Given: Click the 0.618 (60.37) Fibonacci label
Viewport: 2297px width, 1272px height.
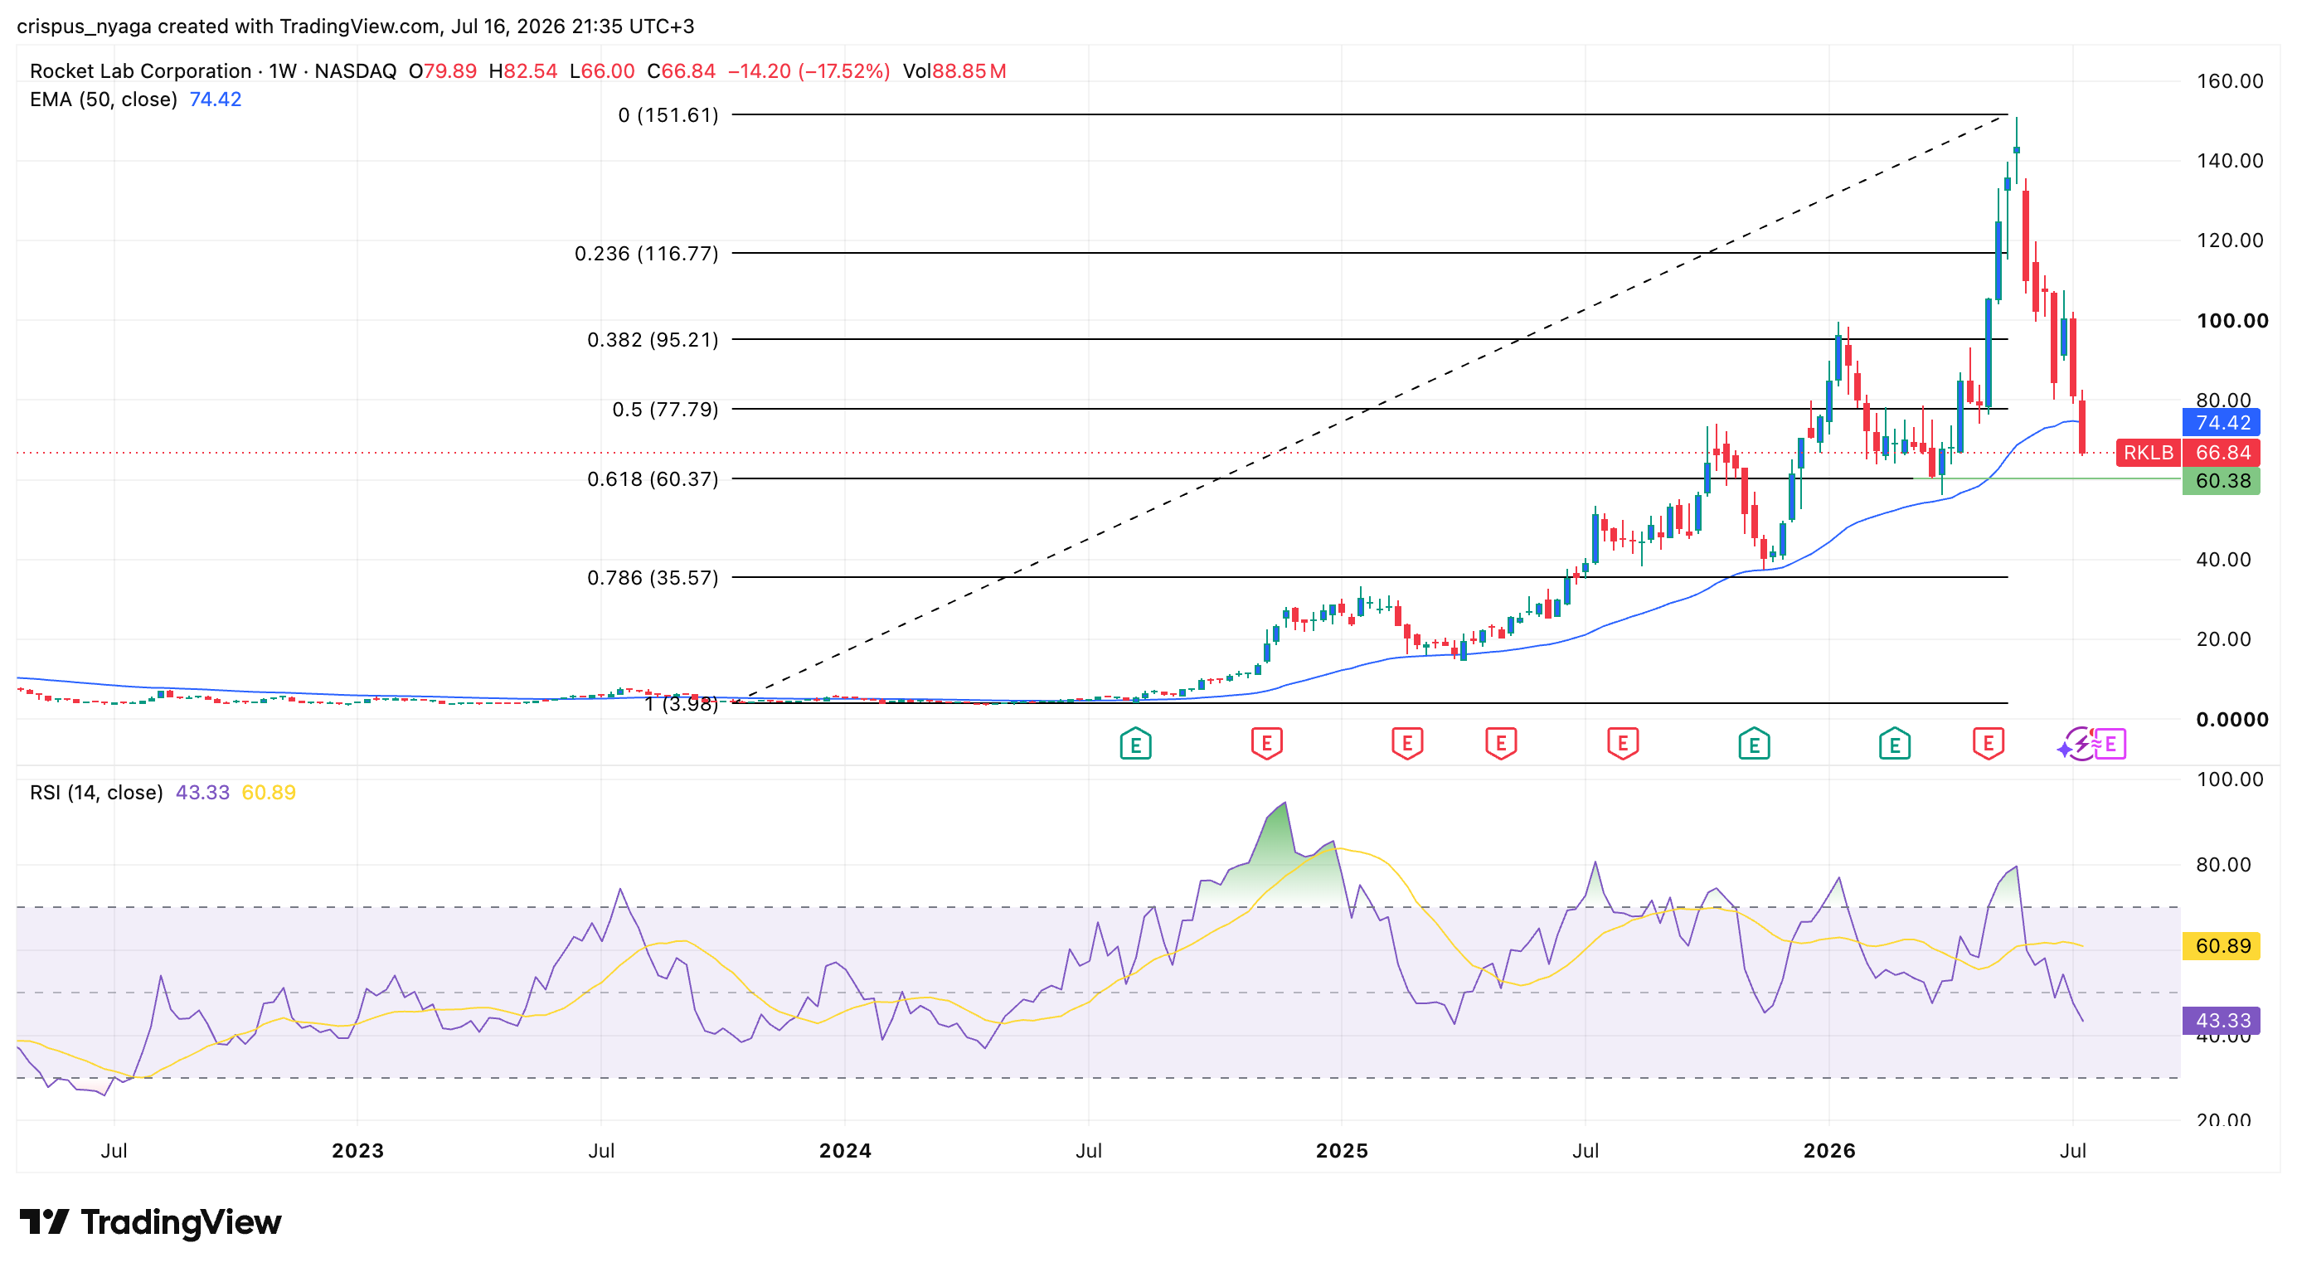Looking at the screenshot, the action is coord(652,478).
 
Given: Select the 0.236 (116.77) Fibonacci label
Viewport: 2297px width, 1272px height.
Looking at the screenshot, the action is coord(646,253).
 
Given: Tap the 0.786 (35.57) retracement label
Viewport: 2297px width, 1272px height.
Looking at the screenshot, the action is coord(652,578).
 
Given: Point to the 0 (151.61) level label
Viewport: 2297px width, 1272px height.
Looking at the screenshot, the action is coord(668,115).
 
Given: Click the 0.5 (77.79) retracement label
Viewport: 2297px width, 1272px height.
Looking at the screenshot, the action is coord(664,409).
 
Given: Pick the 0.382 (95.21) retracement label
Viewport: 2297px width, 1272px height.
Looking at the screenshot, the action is coord(652,340).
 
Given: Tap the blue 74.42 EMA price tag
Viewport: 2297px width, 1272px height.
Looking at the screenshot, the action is coord(2221,423).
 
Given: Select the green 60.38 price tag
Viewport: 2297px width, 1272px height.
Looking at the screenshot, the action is coord(2221,481).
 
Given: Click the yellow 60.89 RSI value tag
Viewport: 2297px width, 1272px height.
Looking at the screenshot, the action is coord(2221,946).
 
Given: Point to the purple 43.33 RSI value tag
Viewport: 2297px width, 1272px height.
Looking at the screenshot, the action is coord(2221,1021).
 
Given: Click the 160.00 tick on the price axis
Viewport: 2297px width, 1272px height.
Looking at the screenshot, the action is coord(2229,81).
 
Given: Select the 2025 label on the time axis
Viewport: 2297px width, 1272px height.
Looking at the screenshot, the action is coord(1341,1151).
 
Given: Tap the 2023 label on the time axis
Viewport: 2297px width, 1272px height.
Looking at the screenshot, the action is coord(357,1151).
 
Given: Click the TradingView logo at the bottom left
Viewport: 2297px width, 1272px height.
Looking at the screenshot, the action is coord(150,1222).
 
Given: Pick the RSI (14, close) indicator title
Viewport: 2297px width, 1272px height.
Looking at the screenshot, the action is coord(96,793).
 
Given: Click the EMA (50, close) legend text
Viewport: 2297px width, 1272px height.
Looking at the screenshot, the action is coord(104,99).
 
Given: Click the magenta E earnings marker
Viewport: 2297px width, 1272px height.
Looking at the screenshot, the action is coord(2110,744).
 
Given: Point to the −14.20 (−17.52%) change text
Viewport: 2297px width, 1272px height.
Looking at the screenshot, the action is coord(809,71).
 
